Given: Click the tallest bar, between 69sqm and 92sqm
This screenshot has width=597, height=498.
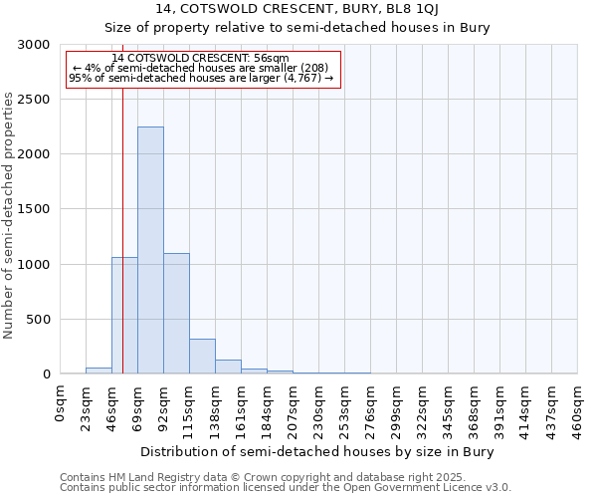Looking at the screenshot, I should tap(150, 250).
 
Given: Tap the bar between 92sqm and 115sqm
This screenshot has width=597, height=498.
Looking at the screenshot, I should tap(176, 313).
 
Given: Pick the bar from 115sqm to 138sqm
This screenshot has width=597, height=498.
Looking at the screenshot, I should tap(202, 356).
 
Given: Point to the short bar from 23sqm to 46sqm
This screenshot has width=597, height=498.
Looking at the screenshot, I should tap(99, 371).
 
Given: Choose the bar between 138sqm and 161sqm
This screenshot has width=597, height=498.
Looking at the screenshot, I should tap(228, 367).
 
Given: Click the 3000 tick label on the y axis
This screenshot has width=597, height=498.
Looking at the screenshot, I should tap(33, 45).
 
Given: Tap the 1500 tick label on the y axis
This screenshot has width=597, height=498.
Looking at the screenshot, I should tap(33, 209).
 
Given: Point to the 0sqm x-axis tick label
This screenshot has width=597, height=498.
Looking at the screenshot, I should tap(61, 402).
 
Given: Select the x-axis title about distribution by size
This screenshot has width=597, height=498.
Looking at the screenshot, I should tap(317, 451).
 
